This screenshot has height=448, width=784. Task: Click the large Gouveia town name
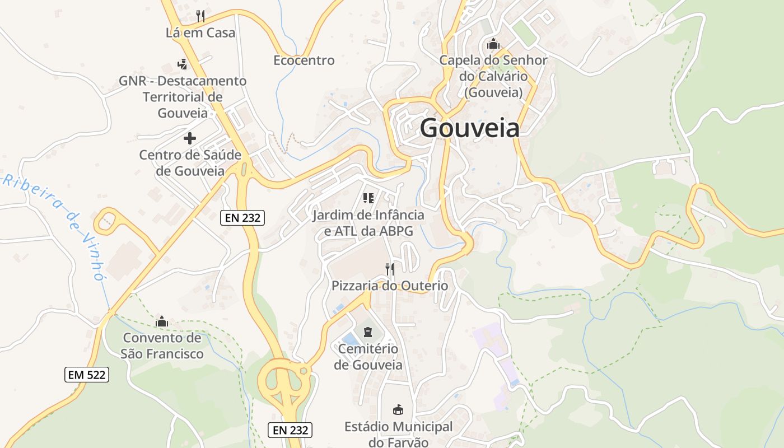469,128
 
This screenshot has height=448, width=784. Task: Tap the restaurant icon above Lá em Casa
201,16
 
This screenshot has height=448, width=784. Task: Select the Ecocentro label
304,60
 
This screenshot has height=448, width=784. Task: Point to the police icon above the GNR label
182,64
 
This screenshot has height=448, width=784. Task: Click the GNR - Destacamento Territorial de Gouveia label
183,97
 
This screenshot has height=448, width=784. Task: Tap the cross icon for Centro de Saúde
190,138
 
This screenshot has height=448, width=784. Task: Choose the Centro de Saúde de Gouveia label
190,162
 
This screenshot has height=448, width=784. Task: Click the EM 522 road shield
87,375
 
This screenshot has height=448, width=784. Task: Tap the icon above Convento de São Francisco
162,321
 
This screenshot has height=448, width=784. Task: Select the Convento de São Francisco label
162,346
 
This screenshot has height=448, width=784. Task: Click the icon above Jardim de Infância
368,198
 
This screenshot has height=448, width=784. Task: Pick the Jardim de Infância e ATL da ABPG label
368,223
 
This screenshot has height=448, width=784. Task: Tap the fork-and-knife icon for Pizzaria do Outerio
390,269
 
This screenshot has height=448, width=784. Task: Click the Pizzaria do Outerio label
390,286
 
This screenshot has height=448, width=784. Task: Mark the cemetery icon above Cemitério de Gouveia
367,332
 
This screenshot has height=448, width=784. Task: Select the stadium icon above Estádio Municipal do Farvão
398,409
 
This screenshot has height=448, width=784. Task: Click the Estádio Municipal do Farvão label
398,434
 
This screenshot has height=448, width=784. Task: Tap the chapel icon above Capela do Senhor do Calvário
493,43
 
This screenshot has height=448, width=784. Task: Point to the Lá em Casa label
200,32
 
